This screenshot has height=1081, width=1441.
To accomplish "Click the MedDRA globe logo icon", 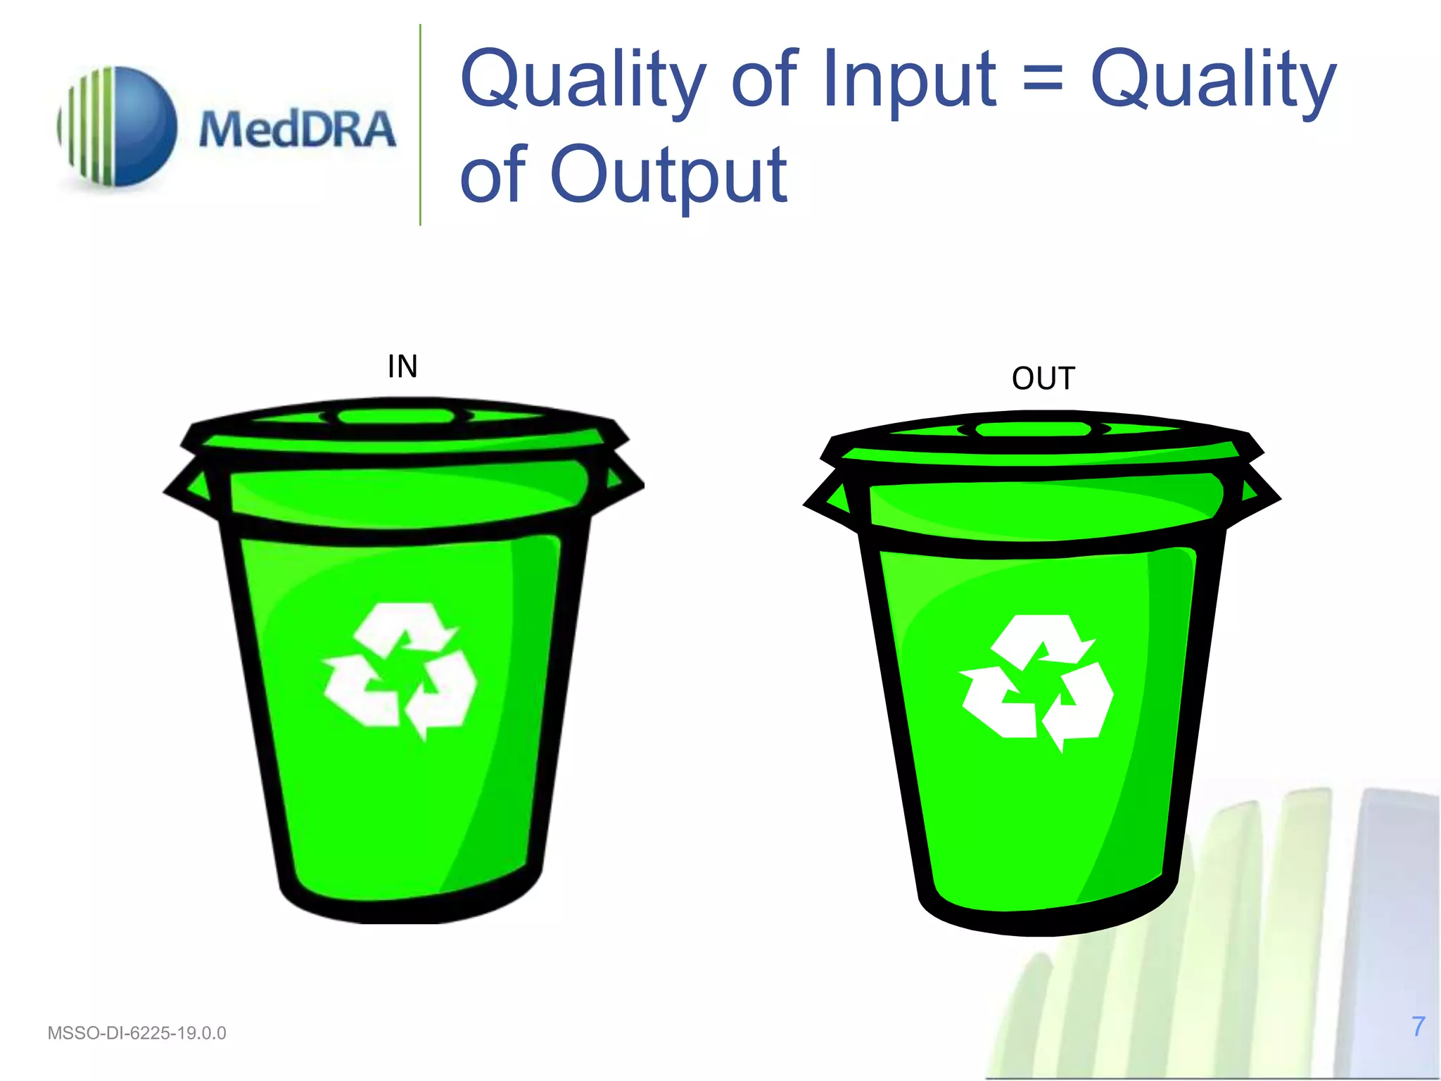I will coord(118,127).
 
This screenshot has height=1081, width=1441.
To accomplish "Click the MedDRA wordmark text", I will coord(297,130).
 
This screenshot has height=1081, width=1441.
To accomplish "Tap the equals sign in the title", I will coord(1042,80).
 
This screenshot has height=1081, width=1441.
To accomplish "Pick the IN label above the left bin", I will coord(402,367).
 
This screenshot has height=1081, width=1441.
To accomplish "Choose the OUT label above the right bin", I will coord(1043,379).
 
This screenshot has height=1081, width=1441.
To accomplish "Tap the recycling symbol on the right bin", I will coord(1036,682).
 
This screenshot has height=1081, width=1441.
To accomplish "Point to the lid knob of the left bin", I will coord(396,416).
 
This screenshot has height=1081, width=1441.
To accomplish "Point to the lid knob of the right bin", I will coord(1034,429).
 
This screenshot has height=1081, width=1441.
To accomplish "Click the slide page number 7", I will coord(1418,1027).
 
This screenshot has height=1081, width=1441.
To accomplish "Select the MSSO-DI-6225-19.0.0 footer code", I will coord(137,1033).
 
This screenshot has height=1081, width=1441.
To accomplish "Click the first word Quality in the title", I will coord(583,79).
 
